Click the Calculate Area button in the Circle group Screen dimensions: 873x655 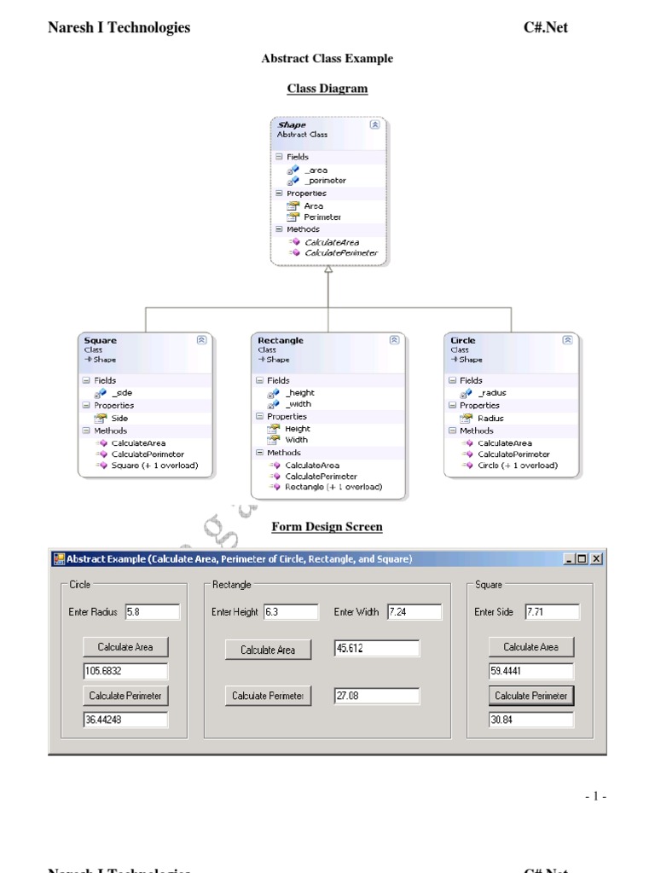tap(125, 647)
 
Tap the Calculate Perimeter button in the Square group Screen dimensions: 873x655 tap(531, 696)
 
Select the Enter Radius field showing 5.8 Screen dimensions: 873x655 tap(152, 611)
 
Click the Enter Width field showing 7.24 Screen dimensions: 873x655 tap(414, 611)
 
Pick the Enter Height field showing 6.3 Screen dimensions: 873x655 tap(289, 611)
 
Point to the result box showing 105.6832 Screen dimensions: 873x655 tap(125, 671)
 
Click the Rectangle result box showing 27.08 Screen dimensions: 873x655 tap(377, 696)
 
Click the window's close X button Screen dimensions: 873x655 tap(596, 559)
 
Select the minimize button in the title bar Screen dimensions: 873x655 tap(569, 559)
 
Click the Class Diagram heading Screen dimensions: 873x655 tap(327, 89)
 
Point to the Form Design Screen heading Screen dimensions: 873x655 tap(327, 527)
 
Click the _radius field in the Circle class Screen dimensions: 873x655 tap(491, 393)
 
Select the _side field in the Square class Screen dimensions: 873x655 tap(122, 393)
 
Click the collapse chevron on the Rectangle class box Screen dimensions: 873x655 tap(393, 340)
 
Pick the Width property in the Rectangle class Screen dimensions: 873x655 tap(296, 440)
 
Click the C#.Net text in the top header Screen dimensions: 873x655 tap(545, 28)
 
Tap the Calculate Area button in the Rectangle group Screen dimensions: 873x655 tap(268, 650)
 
